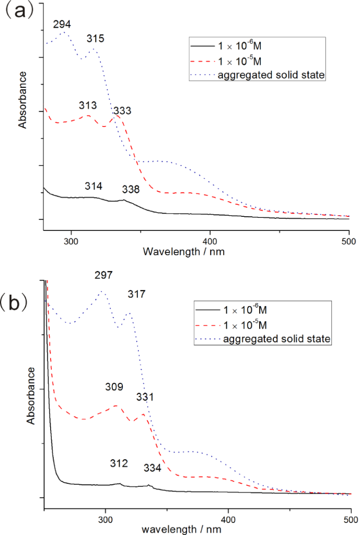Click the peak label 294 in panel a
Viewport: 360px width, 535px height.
click(62, 24)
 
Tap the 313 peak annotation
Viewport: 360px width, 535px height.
click(88, 106)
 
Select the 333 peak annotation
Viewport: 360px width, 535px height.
click(122, 111)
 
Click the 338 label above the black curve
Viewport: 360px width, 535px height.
click(131, 190)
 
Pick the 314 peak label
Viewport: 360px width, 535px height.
click(94, 187)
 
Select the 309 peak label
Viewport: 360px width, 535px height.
click(114, 387)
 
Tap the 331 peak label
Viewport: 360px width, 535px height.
click(145, 398)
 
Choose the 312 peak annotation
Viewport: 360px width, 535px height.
click(119, 463)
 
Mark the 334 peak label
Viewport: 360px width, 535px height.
click(152, 468)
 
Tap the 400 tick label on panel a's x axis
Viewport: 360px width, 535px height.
click(210, 241)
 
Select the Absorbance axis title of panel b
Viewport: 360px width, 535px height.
click(31, 396)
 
